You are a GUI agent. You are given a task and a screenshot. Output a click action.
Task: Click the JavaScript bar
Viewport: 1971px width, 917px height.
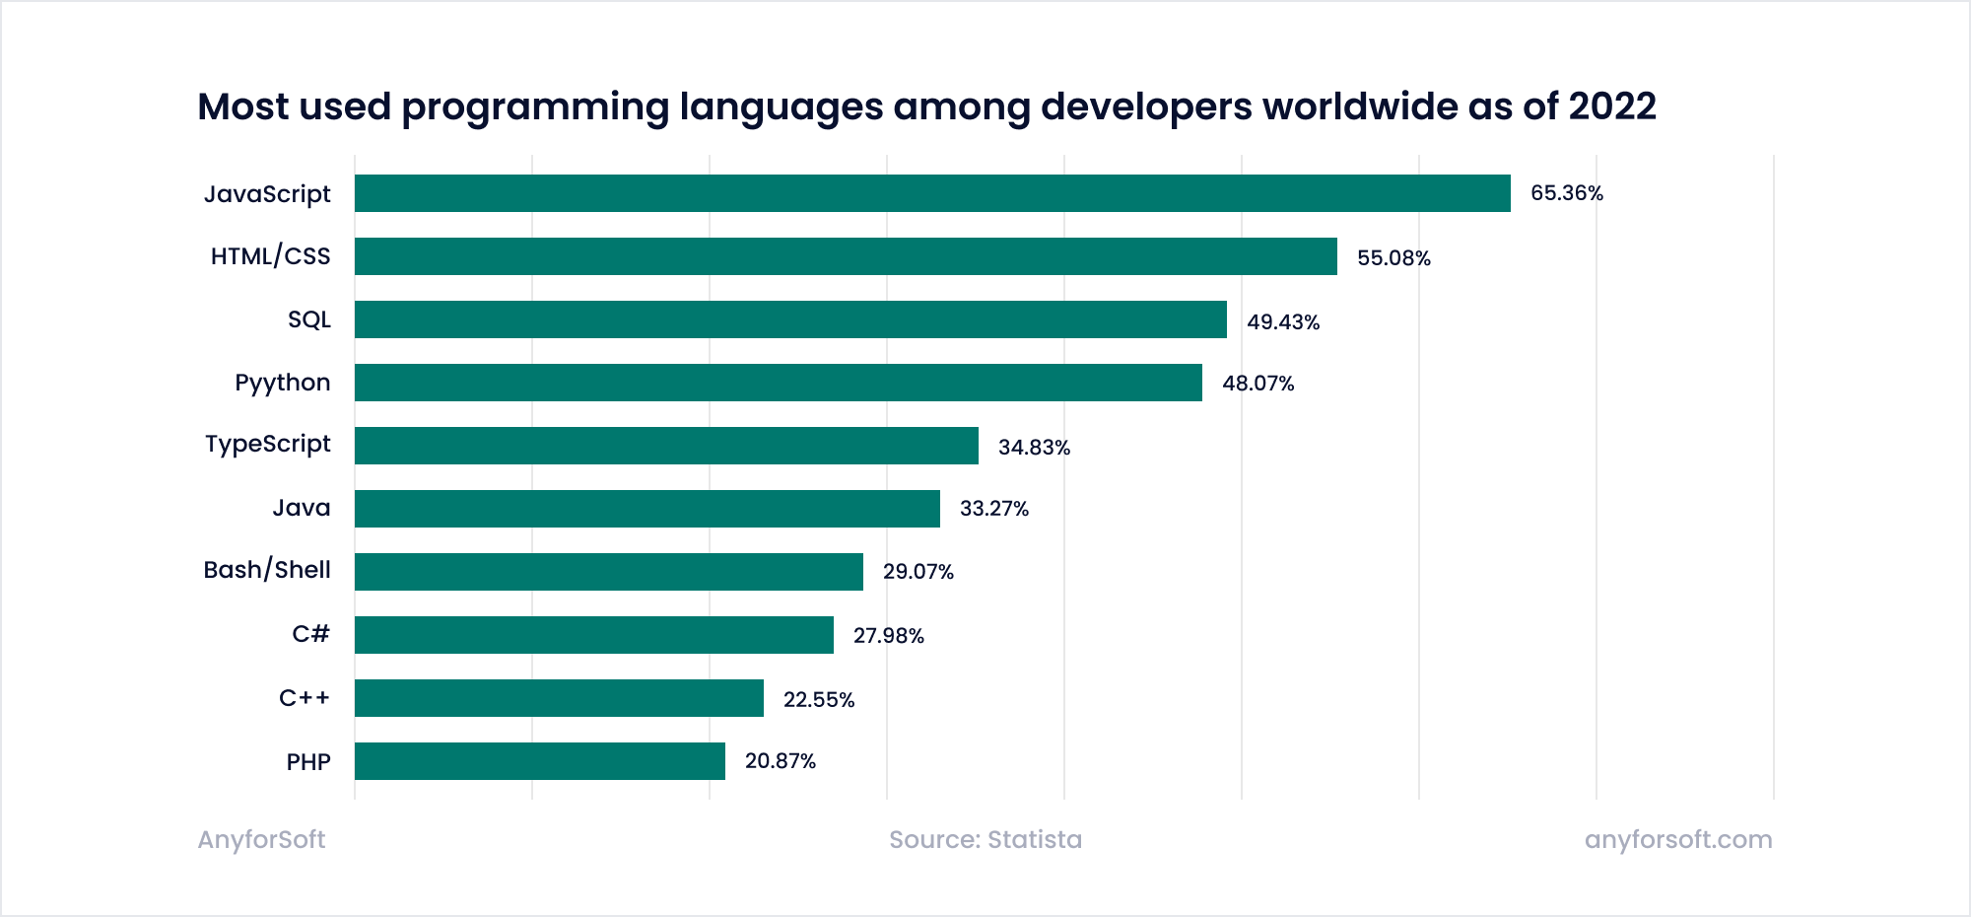coord(932,193)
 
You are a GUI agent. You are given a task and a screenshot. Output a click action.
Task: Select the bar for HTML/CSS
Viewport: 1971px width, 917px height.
coord(846,256)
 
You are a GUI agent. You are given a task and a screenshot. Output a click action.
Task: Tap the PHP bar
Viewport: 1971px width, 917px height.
coord(540,761)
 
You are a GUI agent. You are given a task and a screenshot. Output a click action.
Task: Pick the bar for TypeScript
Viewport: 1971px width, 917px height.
coord(666,446)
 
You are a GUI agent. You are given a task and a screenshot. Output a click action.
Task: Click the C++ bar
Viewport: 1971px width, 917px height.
coord(559,698)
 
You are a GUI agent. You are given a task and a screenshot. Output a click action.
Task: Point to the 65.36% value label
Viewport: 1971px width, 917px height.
coord(1566,193)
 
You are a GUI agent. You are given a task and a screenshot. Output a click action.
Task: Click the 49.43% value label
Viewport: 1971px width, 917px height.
coord(1282,322)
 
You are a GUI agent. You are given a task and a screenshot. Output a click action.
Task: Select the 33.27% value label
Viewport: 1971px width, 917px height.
coord(993,509)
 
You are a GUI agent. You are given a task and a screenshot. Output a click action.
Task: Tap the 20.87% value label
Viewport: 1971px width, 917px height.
coord(780,761)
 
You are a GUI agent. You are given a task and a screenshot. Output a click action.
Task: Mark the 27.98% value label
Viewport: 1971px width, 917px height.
coord(888,636)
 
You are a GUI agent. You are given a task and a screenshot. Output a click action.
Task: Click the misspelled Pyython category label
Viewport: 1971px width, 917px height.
coord(282,383)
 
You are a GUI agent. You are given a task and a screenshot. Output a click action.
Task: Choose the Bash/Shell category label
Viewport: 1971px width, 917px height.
coord(266,570)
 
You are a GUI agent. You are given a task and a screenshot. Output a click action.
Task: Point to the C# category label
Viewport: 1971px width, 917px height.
coord(310,634)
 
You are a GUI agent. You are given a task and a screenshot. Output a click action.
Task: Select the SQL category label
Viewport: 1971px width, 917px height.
coord(308,319)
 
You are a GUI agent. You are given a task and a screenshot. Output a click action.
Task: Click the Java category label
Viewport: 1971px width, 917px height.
coord(301,508)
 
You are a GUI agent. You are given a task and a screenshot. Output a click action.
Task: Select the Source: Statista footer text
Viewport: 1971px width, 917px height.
coord(985,839)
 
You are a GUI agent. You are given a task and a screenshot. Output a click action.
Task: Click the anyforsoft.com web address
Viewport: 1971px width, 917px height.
coord(1677,839)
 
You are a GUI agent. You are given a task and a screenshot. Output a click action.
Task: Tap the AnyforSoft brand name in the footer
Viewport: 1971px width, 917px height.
coord(261,839)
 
